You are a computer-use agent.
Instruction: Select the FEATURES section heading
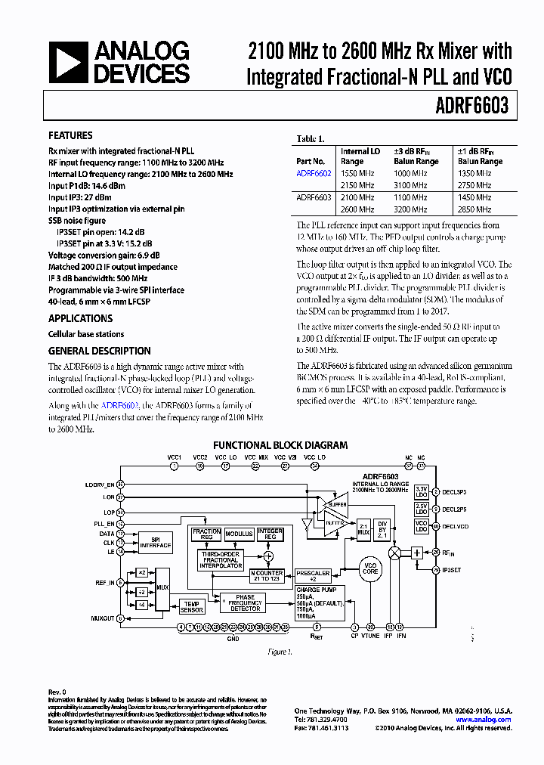click(70, 135)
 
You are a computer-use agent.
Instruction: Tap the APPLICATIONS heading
click(80, 318)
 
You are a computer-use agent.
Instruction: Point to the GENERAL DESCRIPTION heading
click(99, 351)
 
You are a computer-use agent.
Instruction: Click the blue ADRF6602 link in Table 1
click(314, 173)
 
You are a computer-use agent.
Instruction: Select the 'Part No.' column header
click(311, 161)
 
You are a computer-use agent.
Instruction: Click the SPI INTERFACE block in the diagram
click(156, 542)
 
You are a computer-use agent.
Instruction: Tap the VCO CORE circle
click(370, 568)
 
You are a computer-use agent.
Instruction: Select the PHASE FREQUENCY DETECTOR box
click(245, 602)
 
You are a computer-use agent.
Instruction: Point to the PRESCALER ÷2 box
click(312, 576)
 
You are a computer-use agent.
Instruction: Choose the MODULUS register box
click(239, 534)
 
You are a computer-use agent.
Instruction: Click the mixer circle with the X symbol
click(394, 553)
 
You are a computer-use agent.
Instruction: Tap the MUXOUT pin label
click(102, 618)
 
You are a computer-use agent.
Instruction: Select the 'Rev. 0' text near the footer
click(57, 692)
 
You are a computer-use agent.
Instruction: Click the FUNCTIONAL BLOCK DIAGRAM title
click(280, 445)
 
